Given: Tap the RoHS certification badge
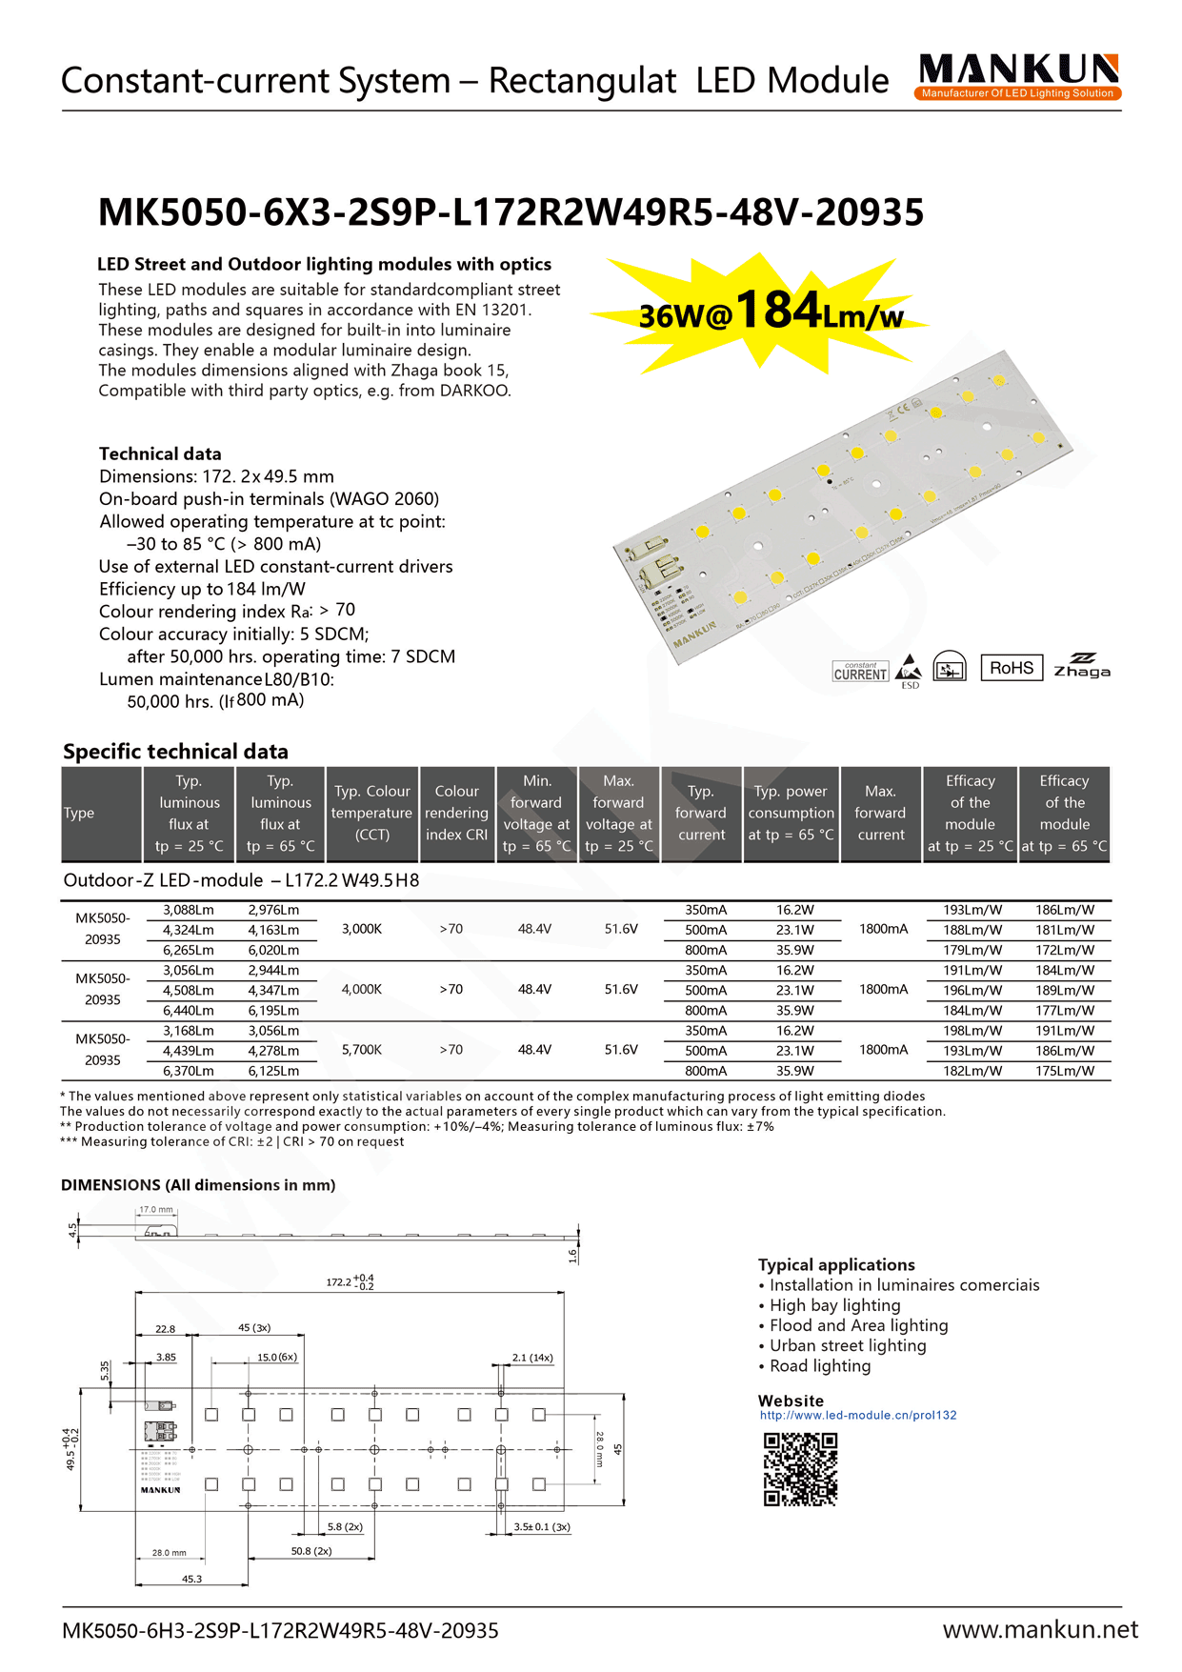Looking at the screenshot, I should click(x=1011, y=668).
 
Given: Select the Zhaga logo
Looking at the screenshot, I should click(x=1082, y=666).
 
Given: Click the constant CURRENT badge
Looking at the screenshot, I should click(x=860, y=672).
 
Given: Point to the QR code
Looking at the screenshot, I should click(x=800, y=1469).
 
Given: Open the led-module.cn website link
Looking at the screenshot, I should click(x=857, y=1415).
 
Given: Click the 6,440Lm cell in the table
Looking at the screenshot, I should click(x=188, y=1010).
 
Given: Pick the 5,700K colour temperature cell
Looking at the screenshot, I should click(x=362, y=1050).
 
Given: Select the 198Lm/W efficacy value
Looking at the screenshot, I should click(x=972, y=1031).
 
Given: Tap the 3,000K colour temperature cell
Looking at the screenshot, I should click(x=362, y=929).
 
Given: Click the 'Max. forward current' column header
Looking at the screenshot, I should click(x=880, y=814).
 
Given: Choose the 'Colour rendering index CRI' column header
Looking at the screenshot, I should click(x=456, y=814).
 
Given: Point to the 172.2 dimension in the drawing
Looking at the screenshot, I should click(x=349, y=1282).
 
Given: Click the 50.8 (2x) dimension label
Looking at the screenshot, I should click(x=311, y=1551).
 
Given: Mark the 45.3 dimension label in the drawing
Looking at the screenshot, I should click(x=191, y=1579).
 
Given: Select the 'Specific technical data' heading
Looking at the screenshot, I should click(x=175, y=752).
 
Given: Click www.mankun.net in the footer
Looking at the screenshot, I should click(x=1039, y=1630).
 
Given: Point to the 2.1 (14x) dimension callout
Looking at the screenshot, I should click(x=531, y=1358).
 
